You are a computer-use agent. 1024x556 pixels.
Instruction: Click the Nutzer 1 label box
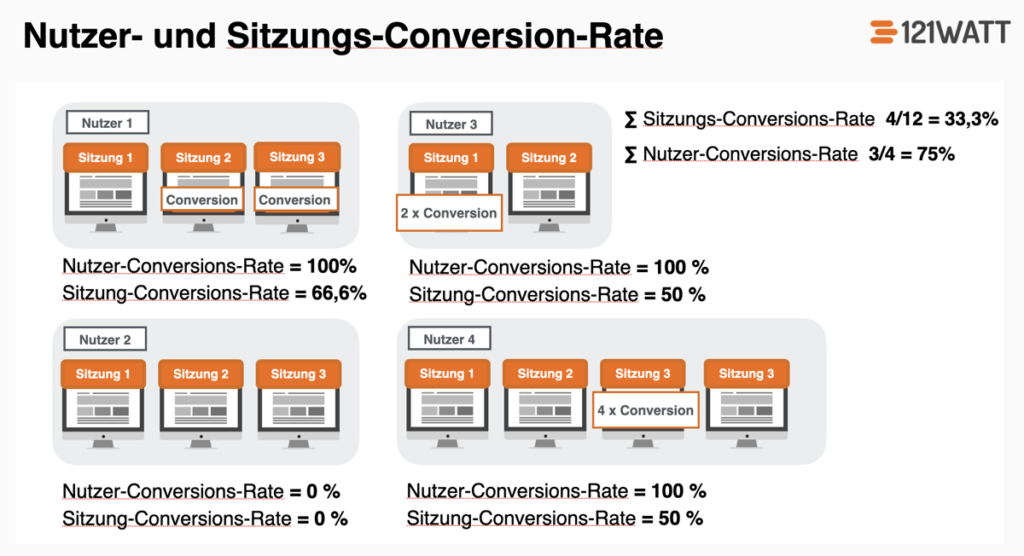pos(108,123)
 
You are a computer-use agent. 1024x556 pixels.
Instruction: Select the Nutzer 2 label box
pos(106,340)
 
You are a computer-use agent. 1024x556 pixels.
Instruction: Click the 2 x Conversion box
pos(449,213)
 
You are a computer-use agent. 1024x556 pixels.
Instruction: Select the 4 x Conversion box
pos(644,410)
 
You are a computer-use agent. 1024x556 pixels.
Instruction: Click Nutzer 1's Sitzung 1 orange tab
pos(105,158)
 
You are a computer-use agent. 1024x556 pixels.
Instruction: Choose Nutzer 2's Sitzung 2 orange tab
pos(202,374)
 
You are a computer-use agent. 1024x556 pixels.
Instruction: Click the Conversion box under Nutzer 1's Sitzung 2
pos(202,200)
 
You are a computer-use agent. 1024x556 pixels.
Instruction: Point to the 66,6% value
pos(335,294)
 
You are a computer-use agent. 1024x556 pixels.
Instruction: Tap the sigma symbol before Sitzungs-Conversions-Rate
pos(630,120)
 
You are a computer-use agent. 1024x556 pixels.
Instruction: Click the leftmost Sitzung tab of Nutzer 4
pos(441,374)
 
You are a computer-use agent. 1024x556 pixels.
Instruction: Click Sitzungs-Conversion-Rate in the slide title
pos(445,36)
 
